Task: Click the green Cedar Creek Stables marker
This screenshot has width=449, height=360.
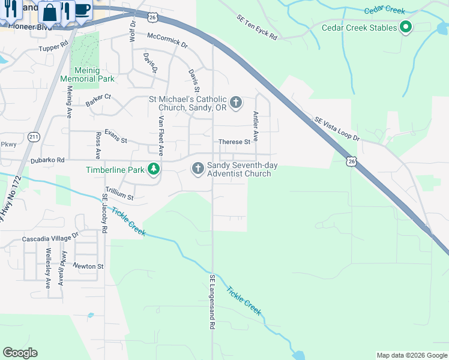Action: click(x=406, y=28)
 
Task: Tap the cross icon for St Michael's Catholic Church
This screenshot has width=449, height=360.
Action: click(x=236, y=102)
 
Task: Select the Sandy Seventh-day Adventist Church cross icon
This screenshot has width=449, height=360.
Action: click(x=197, y=168)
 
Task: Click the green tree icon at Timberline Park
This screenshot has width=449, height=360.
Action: click(x=154, y=169)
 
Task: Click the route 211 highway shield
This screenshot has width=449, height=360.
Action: click(x=34, y=137)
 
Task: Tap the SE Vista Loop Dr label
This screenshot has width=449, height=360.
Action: click(x=337, y=129)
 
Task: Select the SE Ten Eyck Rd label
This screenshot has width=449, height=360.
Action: click(x=256, y=28)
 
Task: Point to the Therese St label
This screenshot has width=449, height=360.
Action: click(x=234, y=142)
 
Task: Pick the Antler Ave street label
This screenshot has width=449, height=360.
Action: click(x=256, y=127)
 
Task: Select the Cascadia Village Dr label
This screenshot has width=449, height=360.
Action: click(x=50, y=238)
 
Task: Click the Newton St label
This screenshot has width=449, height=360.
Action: click(x=88, y=266)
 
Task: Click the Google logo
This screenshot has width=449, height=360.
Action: click(x=20, y=353)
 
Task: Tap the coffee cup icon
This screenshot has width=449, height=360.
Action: click(x=83, y=10)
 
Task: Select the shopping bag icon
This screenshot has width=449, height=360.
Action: click(x=50, y=10)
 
